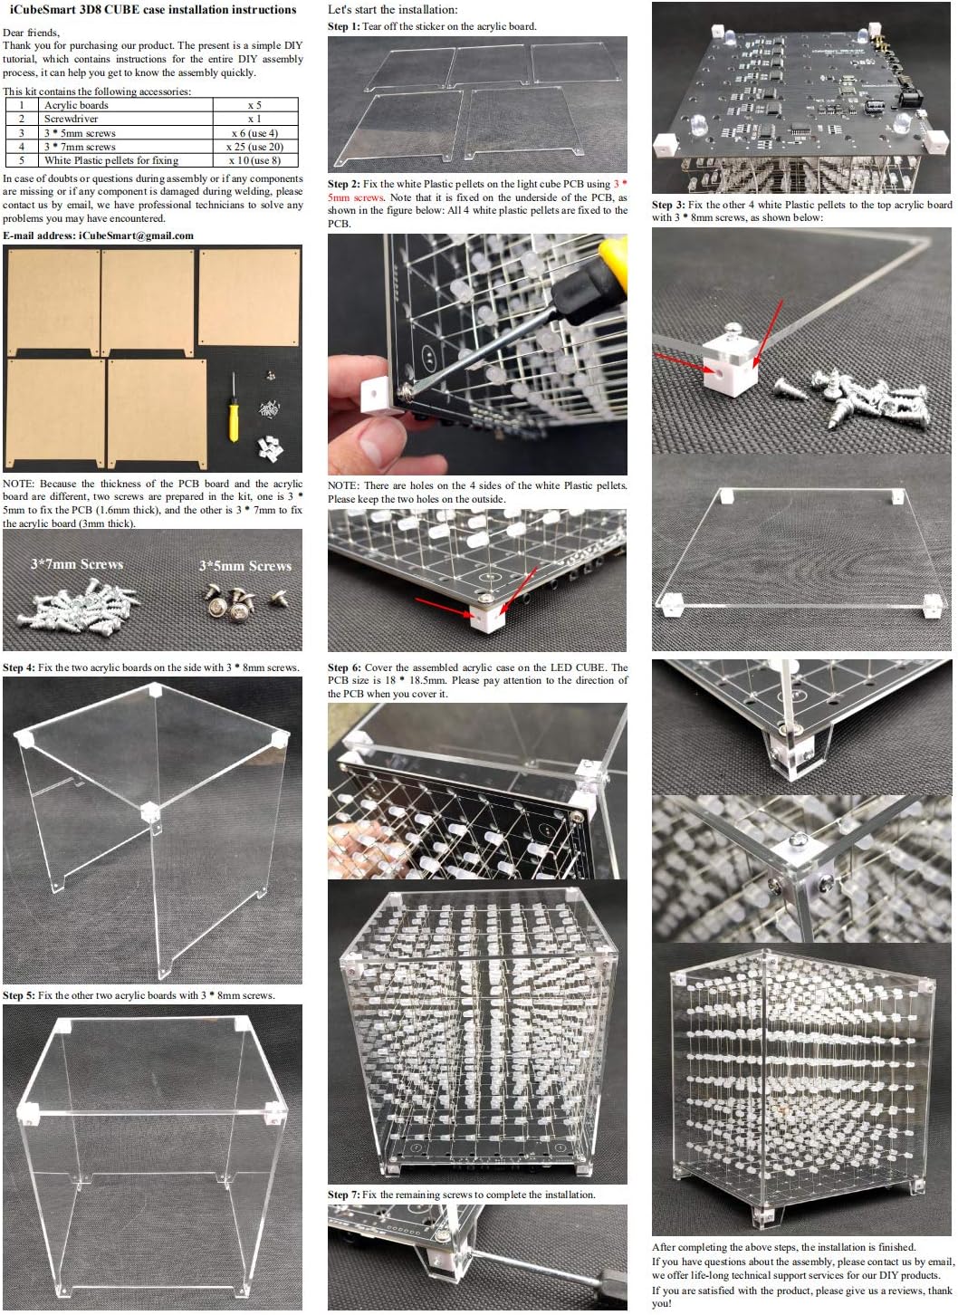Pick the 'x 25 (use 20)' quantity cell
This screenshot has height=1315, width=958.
click(254, 147)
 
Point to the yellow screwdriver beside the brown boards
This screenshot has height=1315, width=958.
click(233, 413)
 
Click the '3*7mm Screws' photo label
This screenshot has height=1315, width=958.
click(77, 564)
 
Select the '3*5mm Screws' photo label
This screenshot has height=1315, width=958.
click(245, 566)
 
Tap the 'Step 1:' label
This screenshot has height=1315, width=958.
click(343, 26)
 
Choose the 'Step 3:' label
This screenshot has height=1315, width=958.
click(668, 205)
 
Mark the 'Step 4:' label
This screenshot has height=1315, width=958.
click(19, 667)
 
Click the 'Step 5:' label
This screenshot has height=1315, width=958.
click(19, 995)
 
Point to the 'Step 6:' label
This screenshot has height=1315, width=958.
click(344, 667)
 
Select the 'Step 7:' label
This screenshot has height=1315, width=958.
click(344, 1195)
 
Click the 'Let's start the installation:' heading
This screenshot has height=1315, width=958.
click(392, 10)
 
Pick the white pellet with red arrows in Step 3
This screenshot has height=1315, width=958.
click(730, 363)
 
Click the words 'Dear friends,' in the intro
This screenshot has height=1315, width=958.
click(31, 33)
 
